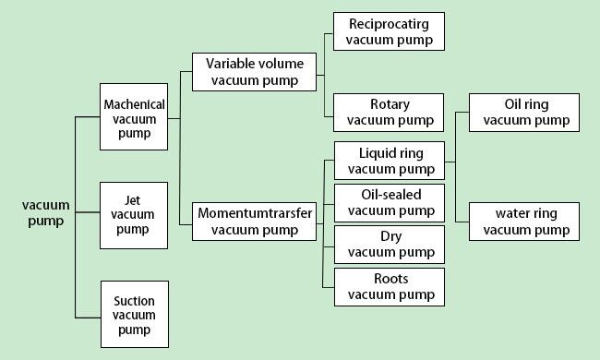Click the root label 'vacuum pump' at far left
click(42, 213)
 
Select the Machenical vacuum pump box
click(134, 117)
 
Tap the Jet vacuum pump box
click(134, 215)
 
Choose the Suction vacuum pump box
click(134, 315)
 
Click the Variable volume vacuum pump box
click(254, 72)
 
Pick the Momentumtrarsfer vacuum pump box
click(256, 222)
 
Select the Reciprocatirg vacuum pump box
click(389, 30)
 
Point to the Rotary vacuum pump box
click(389, 112)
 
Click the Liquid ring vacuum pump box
click(389, 160)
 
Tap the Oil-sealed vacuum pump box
click(389, 203)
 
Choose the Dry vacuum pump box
click(389, 245)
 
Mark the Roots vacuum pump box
click(389, 286)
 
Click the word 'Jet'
click(133, 200)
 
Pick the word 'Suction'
click(134, 301)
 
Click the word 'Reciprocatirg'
click(389, 23)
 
